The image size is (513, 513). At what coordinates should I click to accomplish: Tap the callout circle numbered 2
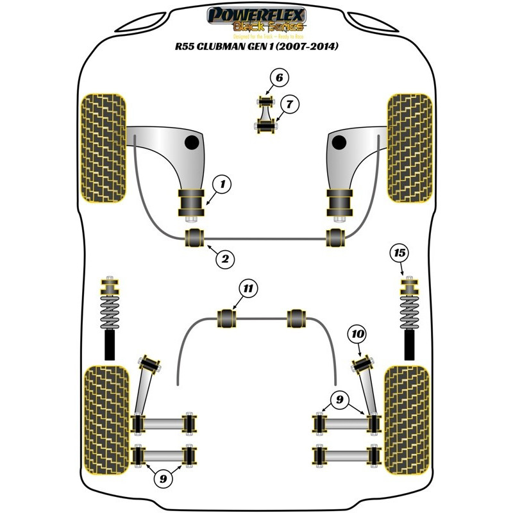[x=225, y=259]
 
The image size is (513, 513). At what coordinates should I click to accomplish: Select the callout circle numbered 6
[x=278, y=78]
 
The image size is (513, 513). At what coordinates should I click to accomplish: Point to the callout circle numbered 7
[x=289, y=103]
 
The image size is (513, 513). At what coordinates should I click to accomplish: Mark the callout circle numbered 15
[x=400, y=253]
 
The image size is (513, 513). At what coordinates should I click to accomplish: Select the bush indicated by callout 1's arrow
[x=190, y=203]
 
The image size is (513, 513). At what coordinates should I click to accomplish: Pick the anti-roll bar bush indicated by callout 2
[x=194, y=237]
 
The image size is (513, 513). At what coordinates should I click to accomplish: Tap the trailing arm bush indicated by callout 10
[x=363, y=366]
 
